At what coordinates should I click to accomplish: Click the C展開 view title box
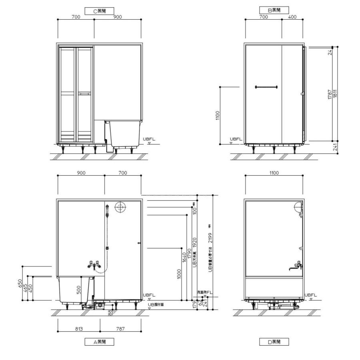click(x=99, y=11)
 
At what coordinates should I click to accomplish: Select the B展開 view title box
click(x=274, y=10)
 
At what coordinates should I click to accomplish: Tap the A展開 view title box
click(x=99, y=342)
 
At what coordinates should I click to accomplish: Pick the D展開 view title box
click(x=274, y=342)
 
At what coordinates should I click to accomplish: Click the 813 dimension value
click(x=78, y=329)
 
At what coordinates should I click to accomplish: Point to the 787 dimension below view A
click(x=120, y=329)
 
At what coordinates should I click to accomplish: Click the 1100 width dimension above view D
click(x=274, y=173)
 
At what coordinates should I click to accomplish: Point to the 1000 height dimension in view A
click(x=179, y=274)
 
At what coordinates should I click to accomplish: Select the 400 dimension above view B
click(x=292, y=17)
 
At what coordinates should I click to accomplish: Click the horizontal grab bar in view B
click(x=266, y=86)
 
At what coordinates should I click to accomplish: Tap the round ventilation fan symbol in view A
click(x=120, y=207)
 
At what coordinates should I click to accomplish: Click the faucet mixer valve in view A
click(x=94, y=264)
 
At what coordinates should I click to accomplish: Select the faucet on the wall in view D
click(x=297, y=265)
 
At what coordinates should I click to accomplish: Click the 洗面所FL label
click(x=204, y=292)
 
